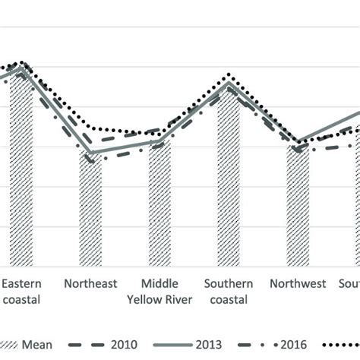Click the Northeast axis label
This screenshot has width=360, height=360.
point(90,284)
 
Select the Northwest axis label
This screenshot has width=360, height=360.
point(298,284)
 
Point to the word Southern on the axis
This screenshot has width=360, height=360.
point(229,284)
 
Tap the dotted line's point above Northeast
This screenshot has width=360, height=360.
point(90,128)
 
